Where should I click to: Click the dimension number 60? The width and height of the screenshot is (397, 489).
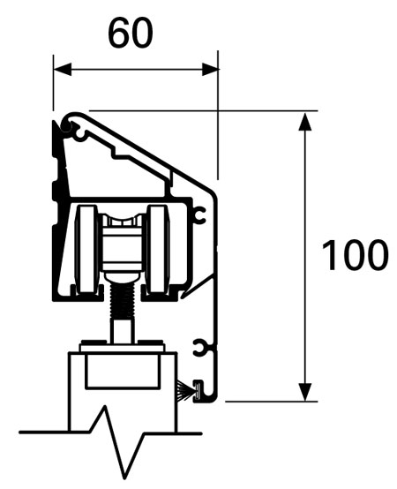point(130,32)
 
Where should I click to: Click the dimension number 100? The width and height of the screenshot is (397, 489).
point(353,255)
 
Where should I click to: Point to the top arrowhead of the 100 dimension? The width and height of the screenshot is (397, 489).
point(305,120)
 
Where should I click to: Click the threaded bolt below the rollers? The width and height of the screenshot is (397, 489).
point(124,300)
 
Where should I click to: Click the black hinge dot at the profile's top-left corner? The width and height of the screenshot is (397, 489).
point(65,131)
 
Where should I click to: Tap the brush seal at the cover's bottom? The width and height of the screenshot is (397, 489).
point(187,387)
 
